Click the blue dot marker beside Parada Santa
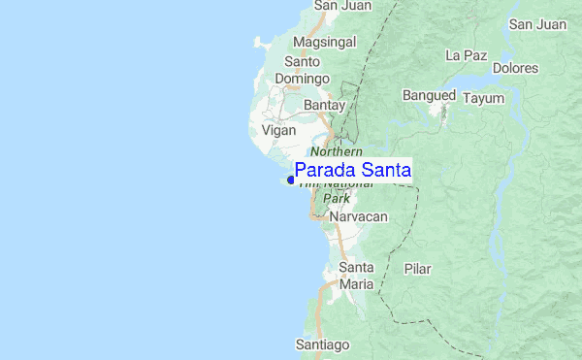coord(290,180)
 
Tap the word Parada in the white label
coord(328,170)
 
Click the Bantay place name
coord(324,103)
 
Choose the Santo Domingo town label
coord(304,70)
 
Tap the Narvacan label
coord(358,216)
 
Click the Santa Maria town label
coord(356,276)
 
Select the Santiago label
coord(322,344)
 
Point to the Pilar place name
coord(417,268)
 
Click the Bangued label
coord(430,96)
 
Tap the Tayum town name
coord(484,98)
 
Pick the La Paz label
coord(466,55)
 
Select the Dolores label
coord(515,68)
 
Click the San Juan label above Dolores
coord(537,23)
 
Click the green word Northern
coord(338,152)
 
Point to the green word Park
coord(336,198)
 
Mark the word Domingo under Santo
coord(304,79)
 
